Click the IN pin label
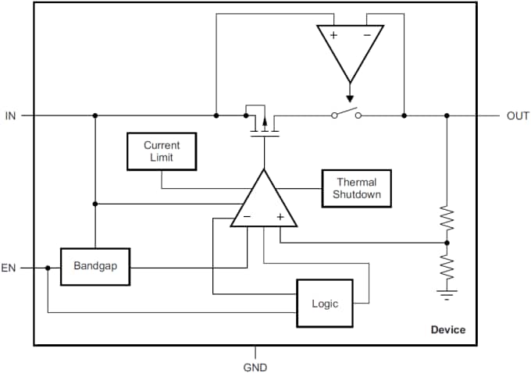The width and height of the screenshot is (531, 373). pos(10,115)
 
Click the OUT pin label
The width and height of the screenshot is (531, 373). pos(518,115)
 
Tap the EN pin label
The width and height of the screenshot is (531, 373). pos(9,268)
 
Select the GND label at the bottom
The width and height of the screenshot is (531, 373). pos(255,366)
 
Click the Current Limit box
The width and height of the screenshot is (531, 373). pos(162,151)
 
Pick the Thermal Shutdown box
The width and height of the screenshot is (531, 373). pos(356,188)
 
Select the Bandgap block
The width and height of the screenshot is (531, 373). pos(95,266)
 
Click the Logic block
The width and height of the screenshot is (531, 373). pos(324,303)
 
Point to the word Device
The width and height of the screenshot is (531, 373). pos(447,329)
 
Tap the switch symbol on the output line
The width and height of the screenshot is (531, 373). pos(347,114)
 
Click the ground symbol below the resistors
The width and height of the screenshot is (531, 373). pos(447,293)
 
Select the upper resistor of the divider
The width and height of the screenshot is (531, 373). pos(447,219)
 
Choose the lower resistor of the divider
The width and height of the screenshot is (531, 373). pos(447,268)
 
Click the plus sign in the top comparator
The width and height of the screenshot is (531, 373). pos(333,35)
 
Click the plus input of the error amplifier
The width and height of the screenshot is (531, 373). pos(280,217)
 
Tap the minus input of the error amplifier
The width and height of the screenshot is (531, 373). pos(247,217)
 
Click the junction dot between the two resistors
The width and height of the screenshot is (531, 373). pos(447,243)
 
